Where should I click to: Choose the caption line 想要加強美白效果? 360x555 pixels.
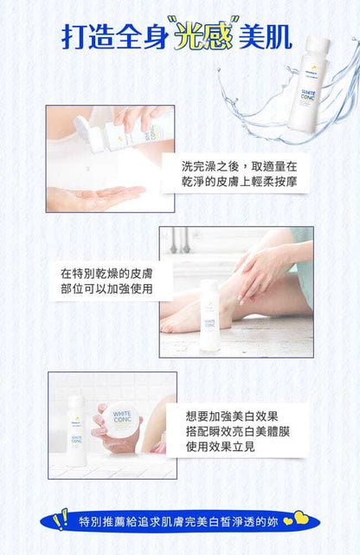tap(232, 416)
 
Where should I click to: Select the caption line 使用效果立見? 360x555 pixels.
tap(220, 448)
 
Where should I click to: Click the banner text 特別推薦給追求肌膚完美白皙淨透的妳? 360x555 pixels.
tap(179, 522)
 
